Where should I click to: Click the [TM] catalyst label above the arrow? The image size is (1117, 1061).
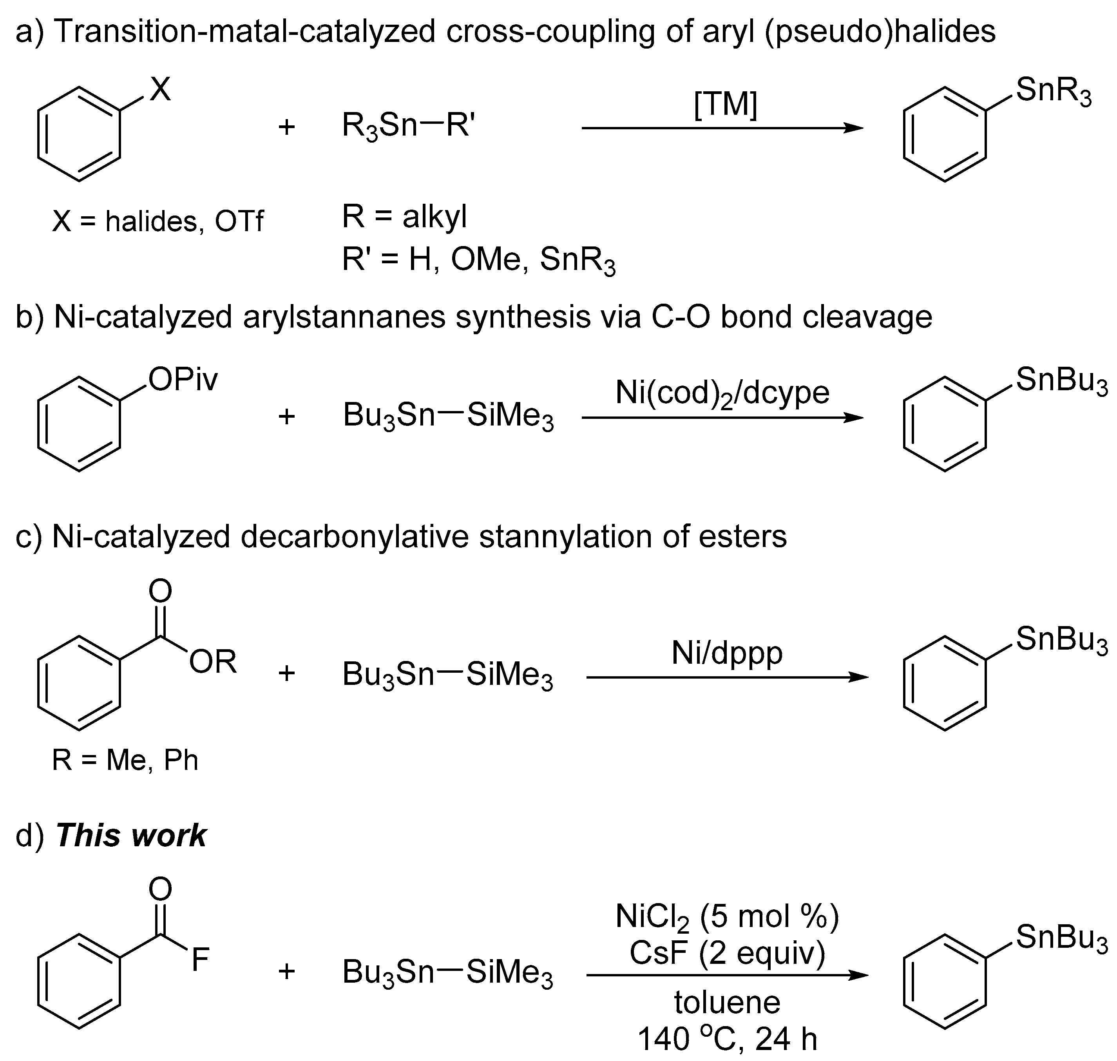pyautogui.click(x=725, y=105)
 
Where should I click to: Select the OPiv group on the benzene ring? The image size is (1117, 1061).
pyautogui.click(x=183, y=380)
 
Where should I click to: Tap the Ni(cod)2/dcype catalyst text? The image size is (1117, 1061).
pyautogui.click(x=722, y=393)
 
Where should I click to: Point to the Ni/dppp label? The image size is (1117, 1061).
pyautogui.click(x=727, y=653)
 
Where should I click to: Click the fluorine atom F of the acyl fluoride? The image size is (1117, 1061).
pyautogui.click(x=200, y=960)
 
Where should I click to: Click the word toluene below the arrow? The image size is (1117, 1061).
pyautogui.click(x=727, y=1002)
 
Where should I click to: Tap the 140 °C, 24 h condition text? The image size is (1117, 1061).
pyautogui.click(x=727, y=1039)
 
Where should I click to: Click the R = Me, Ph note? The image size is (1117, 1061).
pyautogui.click(x=125, y=760)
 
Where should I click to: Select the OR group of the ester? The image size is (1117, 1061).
pyautogui.click(x=213, y=661)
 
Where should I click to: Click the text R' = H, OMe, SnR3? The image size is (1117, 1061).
pyautogui.click(x=478, y=260)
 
